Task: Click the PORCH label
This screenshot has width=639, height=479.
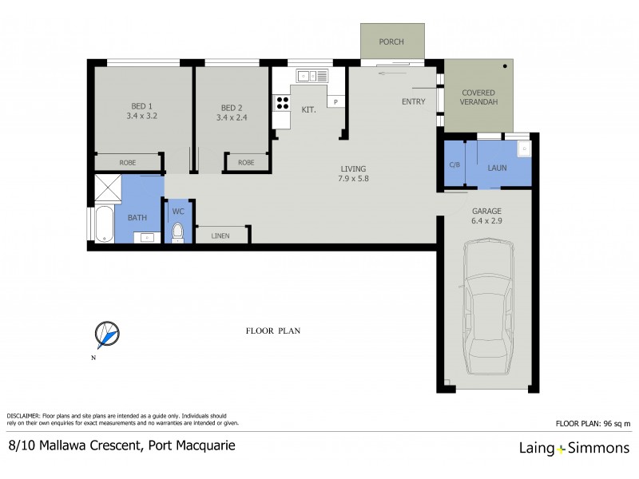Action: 391,42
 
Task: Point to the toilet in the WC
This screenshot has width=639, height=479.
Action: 179,233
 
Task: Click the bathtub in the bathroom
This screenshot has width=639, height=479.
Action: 104,224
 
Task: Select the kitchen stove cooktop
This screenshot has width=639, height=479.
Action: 282,103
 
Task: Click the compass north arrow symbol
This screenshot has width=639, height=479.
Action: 106,335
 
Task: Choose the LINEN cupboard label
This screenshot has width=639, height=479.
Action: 221,236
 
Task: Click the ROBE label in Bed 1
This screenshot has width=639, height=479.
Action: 128,163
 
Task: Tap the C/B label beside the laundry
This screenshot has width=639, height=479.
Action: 454,165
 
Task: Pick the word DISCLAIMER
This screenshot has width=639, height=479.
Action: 29,417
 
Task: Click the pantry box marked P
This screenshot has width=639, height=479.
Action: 336,101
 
